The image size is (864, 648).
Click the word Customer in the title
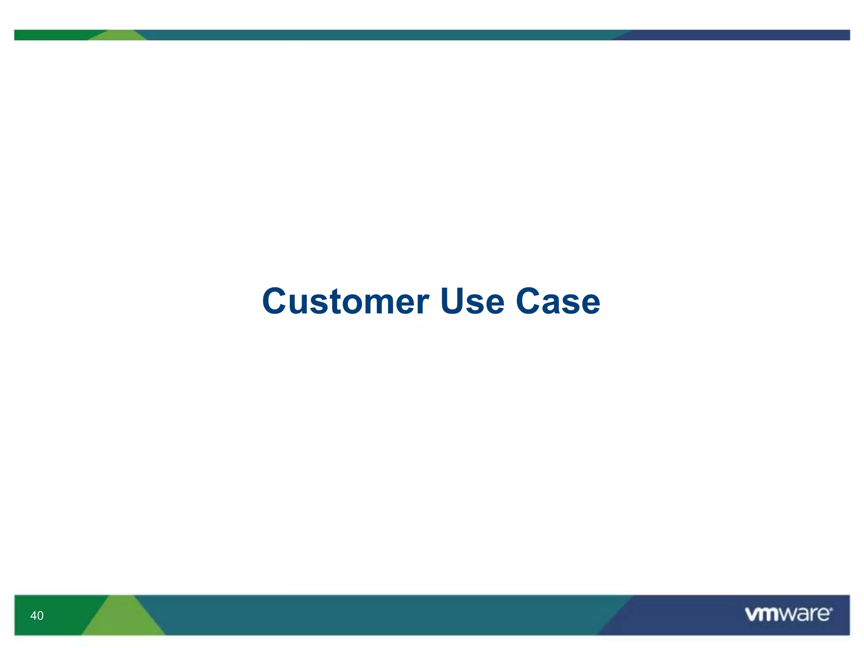[x=346, y=301]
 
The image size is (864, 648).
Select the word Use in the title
[x=472, y=301]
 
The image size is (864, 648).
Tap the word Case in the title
[x=558, y=301]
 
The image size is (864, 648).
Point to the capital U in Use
[x=452, y=301]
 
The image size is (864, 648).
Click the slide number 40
[x=37, y=616]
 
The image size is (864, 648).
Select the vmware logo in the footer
[x=788, y=614]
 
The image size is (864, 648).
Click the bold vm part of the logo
[x=761, y=615]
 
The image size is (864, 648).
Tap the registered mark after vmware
[x=831, y=609]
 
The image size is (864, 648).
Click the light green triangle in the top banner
[x=119, y=36]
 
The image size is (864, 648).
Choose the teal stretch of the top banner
[x=380, y=35]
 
